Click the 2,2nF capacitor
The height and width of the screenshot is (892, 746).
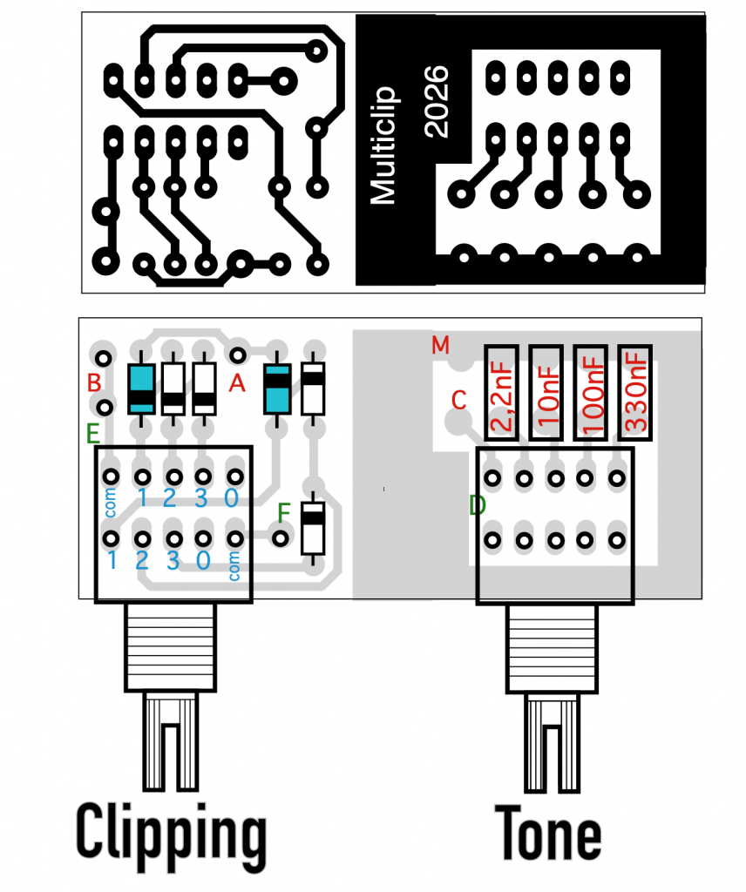click(x=501, y=394)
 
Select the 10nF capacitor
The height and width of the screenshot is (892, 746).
click(x=546, y=394)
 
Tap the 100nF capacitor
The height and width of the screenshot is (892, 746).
click(x=590, y=394)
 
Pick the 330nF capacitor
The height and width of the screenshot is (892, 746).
click(x=634, y=394)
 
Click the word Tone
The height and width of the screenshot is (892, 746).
click(x=548, y=834)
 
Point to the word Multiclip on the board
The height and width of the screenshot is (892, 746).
click(x=383, y=145)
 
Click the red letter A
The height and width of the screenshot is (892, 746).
click(x=235, y=383)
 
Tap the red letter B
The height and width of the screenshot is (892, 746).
click(x=94, y=382)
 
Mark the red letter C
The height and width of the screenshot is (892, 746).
click(x=459, y=400)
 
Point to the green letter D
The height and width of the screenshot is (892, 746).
click(x=476, y=505)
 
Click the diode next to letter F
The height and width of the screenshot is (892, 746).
click(x=312, y=527)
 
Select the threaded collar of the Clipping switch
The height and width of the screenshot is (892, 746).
click(x=172, y=645)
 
